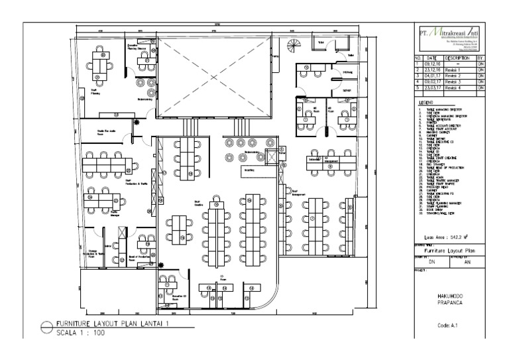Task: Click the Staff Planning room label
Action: [x=95, y=93]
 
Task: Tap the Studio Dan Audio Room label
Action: [x=107, y=132]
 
